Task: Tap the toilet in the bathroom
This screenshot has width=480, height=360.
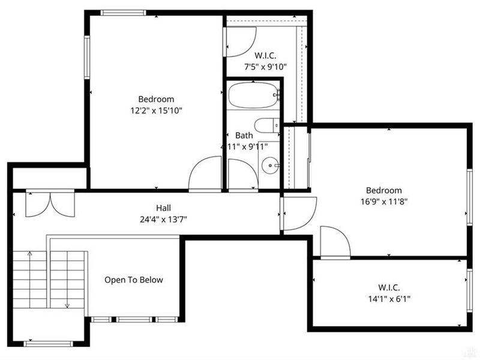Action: point(266,125)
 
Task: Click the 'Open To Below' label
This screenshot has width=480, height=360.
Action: point(133,280)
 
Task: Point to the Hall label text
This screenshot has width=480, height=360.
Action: point(163,208)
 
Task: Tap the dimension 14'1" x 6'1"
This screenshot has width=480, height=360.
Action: point(389,299)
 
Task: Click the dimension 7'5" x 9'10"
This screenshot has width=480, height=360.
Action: point(265,67)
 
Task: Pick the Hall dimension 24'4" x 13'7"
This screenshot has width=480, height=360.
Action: point(163,219)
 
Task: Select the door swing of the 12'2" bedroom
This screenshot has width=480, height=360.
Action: point(205,174)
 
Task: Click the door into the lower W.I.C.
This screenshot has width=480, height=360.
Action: point(335,242)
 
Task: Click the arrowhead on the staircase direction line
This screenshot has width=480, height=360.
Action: point(67,305)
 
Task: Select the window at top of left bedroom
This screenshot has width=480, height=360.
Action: point(123,13)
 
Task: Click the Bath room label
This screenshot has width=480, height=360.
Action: point(244,136)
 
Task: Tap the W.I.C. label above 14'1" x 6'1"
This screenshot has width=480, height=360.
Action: point(389,287)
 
